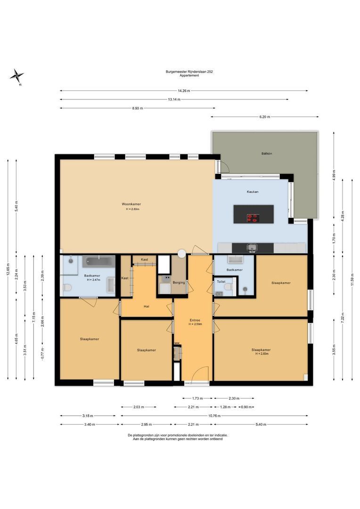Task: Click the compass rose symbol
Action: pos(16,77)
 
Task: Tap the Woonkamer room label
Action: pos(131,204)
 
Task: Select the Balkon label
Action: pos(267,153)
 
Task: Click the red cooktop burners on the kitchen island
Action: pos(253,218)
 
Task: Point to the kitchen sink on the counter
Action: pos(252,248)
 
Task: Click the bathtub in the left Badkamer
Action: pos(98,261)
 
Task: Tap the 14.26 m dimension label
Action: pos(184,91)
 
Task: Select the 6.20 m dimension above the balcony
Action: pos(264,117)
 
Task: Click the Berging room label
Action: pos(179,282)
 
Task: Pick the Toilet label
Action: pos(221,281)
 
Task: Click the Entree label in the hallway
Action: pos(195,320)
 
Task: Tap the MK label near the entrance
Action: pos(177,343)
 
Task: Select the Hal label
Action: pos(147,306)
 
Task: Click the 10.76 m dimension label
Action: pos(214,416)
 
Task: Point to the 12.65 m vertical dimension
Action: pos(8,269)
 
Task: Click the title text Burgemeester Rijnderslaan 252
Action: pos(189,72)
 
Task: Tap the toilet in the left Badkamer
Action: pos(68,287)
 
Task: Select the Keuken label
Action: pos(253,192)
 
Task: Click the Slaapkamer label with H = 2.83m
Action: pos(261,352)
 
